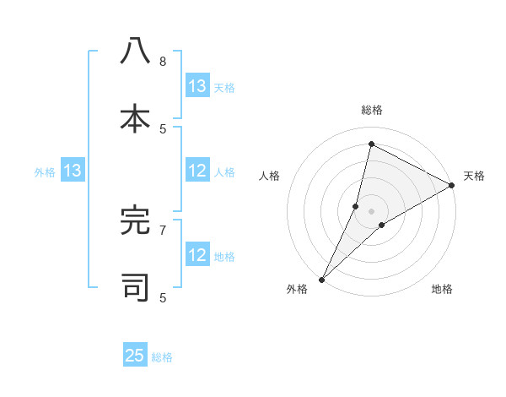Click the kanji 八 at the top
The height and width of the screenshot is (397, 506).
coord(135,52)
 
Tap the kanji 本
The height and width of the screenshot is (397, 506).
coord(135,118)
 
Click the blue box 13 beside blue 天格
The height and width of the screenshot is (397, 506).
coord(197,86)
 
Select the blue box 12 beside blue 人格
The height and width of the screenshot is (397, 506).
coord(197,171)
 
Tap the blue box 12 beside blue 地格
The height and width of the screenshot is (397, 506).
coord(197,255)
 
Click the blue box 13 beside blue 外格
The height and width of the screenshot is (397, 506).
coord(73,171)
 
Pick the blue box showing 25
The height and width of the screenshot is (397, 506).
coord(135,356)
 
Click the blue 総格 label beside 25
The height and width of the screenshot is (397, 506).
coord(162,357)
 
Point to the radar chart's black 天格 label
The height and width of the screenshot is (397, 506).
coord(474,176)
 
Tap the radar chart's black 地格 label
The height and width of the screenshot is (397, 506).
coord(442,289)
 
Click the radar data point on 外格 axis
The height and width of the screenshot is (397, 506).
coord(322,279)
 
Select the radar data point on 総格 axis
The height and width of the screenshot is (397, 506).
coord(371,144)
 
